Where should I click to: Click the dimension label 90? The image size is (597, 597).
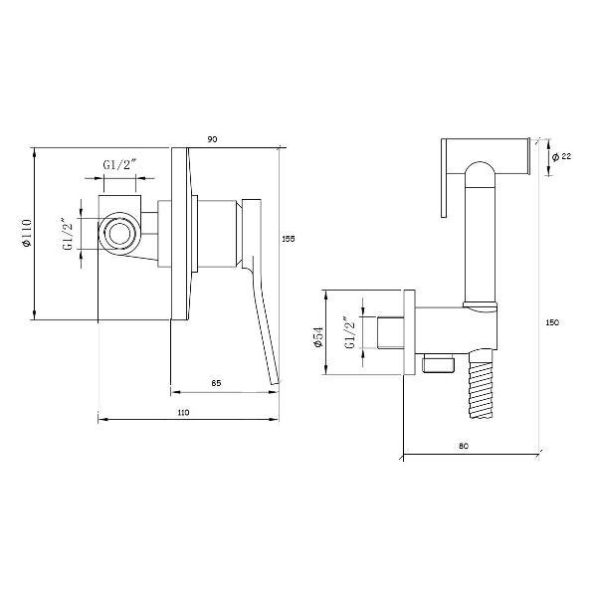pos(213,139)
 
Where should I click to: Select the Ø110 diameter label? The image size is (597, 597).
pos(27,233)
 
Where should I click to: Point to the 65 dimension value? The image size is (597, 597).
pos(216,383)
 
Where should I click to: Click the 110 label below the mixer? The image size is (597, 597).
pos(183,412)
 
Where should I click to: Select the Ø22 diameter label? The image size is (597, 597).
pos(561,156)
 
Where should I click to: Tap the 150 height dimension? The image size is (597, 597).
pos(552,322)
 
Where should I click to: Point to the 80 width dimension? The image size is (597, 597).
pos(464,446)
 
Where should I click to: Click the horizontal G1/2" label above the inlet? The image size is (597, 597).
pos(119,165)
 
